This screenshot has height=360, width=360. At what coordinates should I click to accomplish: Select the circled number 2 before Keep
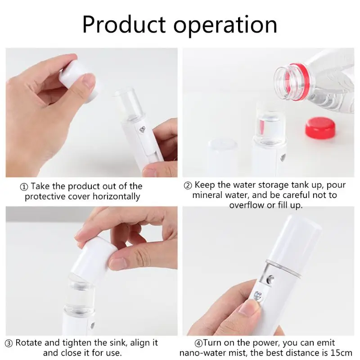(189, 185)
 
